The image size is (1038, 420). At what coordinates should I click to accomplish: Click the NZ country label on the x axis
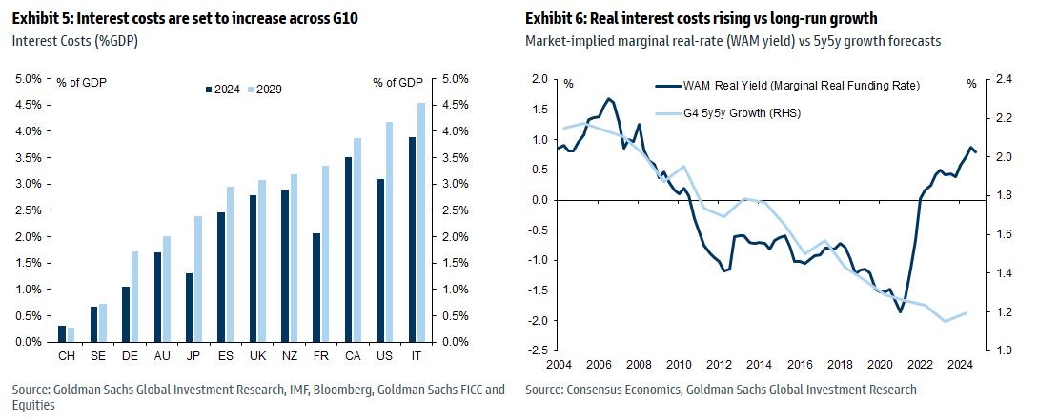288,355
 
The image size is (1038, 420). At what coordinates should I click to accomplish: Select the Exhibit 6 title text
700,19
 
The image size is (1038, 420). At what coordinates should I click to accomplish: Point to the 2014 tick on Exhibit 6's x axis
760,363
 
